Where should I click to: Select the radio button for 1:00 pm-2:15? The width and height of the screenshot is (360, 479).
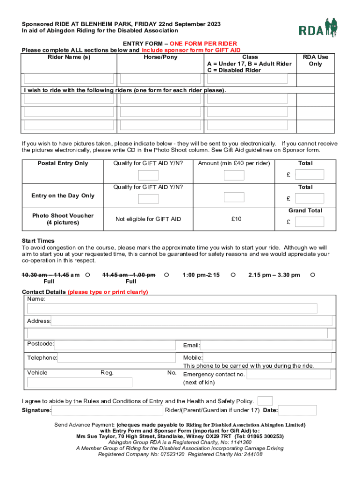233,275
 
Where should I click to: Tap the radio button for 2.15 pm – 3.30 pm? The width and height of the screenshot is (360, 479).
313,275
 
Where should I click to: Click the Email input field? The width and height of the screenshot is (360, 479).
266,345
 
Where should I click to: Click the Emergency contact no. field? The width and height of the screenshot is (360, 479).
288,374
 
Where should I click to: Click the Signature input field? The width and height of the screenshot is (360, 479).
107,410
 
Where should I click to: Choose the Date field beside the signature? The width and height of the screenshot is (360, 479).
297,410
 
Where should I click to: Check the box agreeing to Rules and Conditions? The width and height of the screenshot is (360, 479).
265,401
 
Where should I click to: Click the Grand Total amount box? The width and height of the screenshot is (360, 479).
310,222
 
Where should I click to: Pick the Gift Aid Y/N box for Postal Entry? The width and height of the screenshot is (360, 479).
149,175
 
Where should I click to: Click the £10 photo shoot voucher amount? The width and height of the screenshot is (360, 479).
237,219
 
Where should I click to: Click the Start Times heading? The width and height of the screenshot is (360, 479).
38,241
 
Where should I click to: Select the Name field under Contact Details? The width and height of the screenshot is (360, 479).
172,308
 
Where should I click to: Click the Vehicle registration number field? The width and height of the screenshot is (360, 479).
79,382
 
